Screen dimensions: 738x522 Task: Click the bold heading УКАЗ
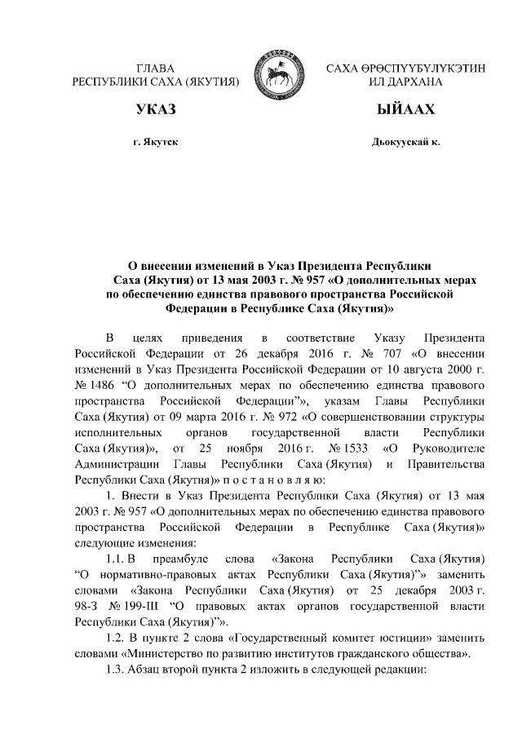click(x=155, y=109)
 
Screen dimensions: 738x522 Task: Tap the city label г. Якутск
click(x=155, y=142)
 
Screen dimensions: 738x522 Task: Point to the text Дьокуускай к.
click(x=405, y=142)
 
